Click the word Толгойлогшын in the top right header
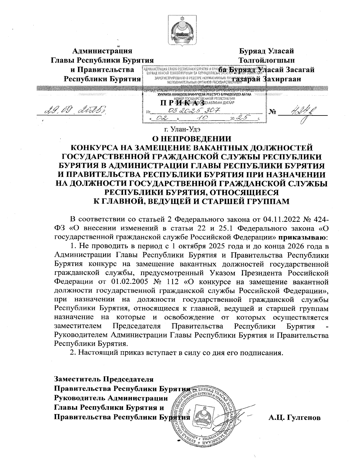[x=266, y=60]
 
